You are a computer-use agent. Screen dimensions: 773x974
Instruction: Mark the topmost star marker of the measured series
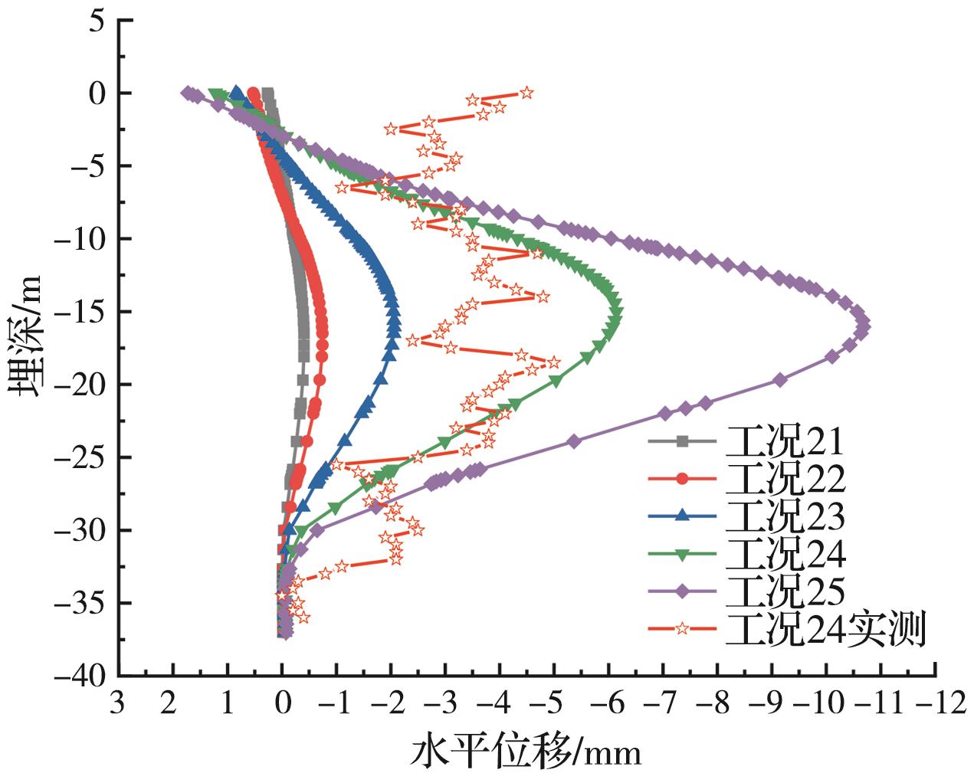(526, 93)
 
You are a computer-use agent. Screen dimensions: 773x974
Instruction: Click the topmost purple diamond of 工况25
(186, 93)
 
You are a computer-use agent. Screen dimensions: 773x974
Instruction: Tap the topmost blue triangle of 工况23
(237, 92)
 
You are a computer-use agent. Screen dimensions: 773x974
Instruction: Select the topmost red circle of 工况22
(253, 93)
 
